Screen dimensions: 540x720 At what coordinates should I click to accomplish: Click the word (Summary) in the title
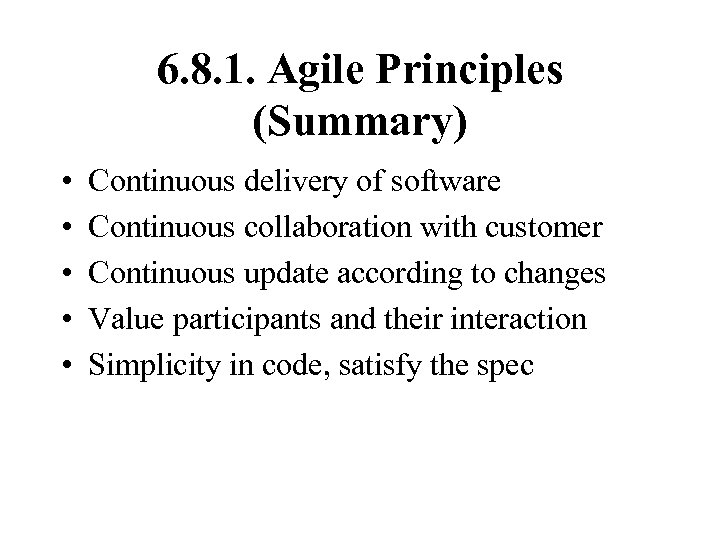coord(360,123)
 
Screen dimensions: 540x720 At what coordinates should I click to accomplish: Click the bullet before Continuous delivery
coord(63,184)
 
